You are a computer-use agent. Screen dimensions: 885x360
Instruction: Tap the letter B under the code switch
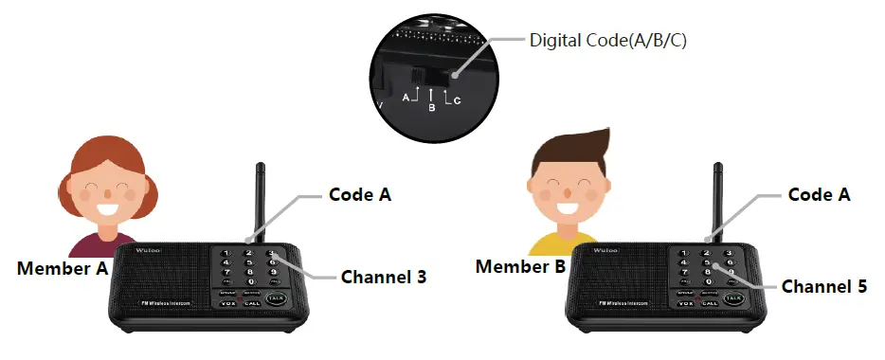431,108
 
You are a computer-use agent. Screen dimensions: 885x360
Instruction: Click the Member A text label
63,268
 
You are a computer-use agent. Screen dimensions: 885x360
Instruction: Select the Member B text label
521,267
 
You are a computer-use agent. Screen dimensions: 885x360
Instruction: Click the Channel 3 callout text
384,278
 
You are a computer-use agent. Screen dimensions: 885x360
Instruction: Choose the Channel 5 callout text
823,285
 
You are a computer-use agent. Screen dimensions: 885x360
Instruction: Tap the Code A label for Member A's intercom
360,194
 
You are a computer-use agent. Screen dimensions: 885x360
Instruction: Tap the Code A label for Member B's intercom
820,195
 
